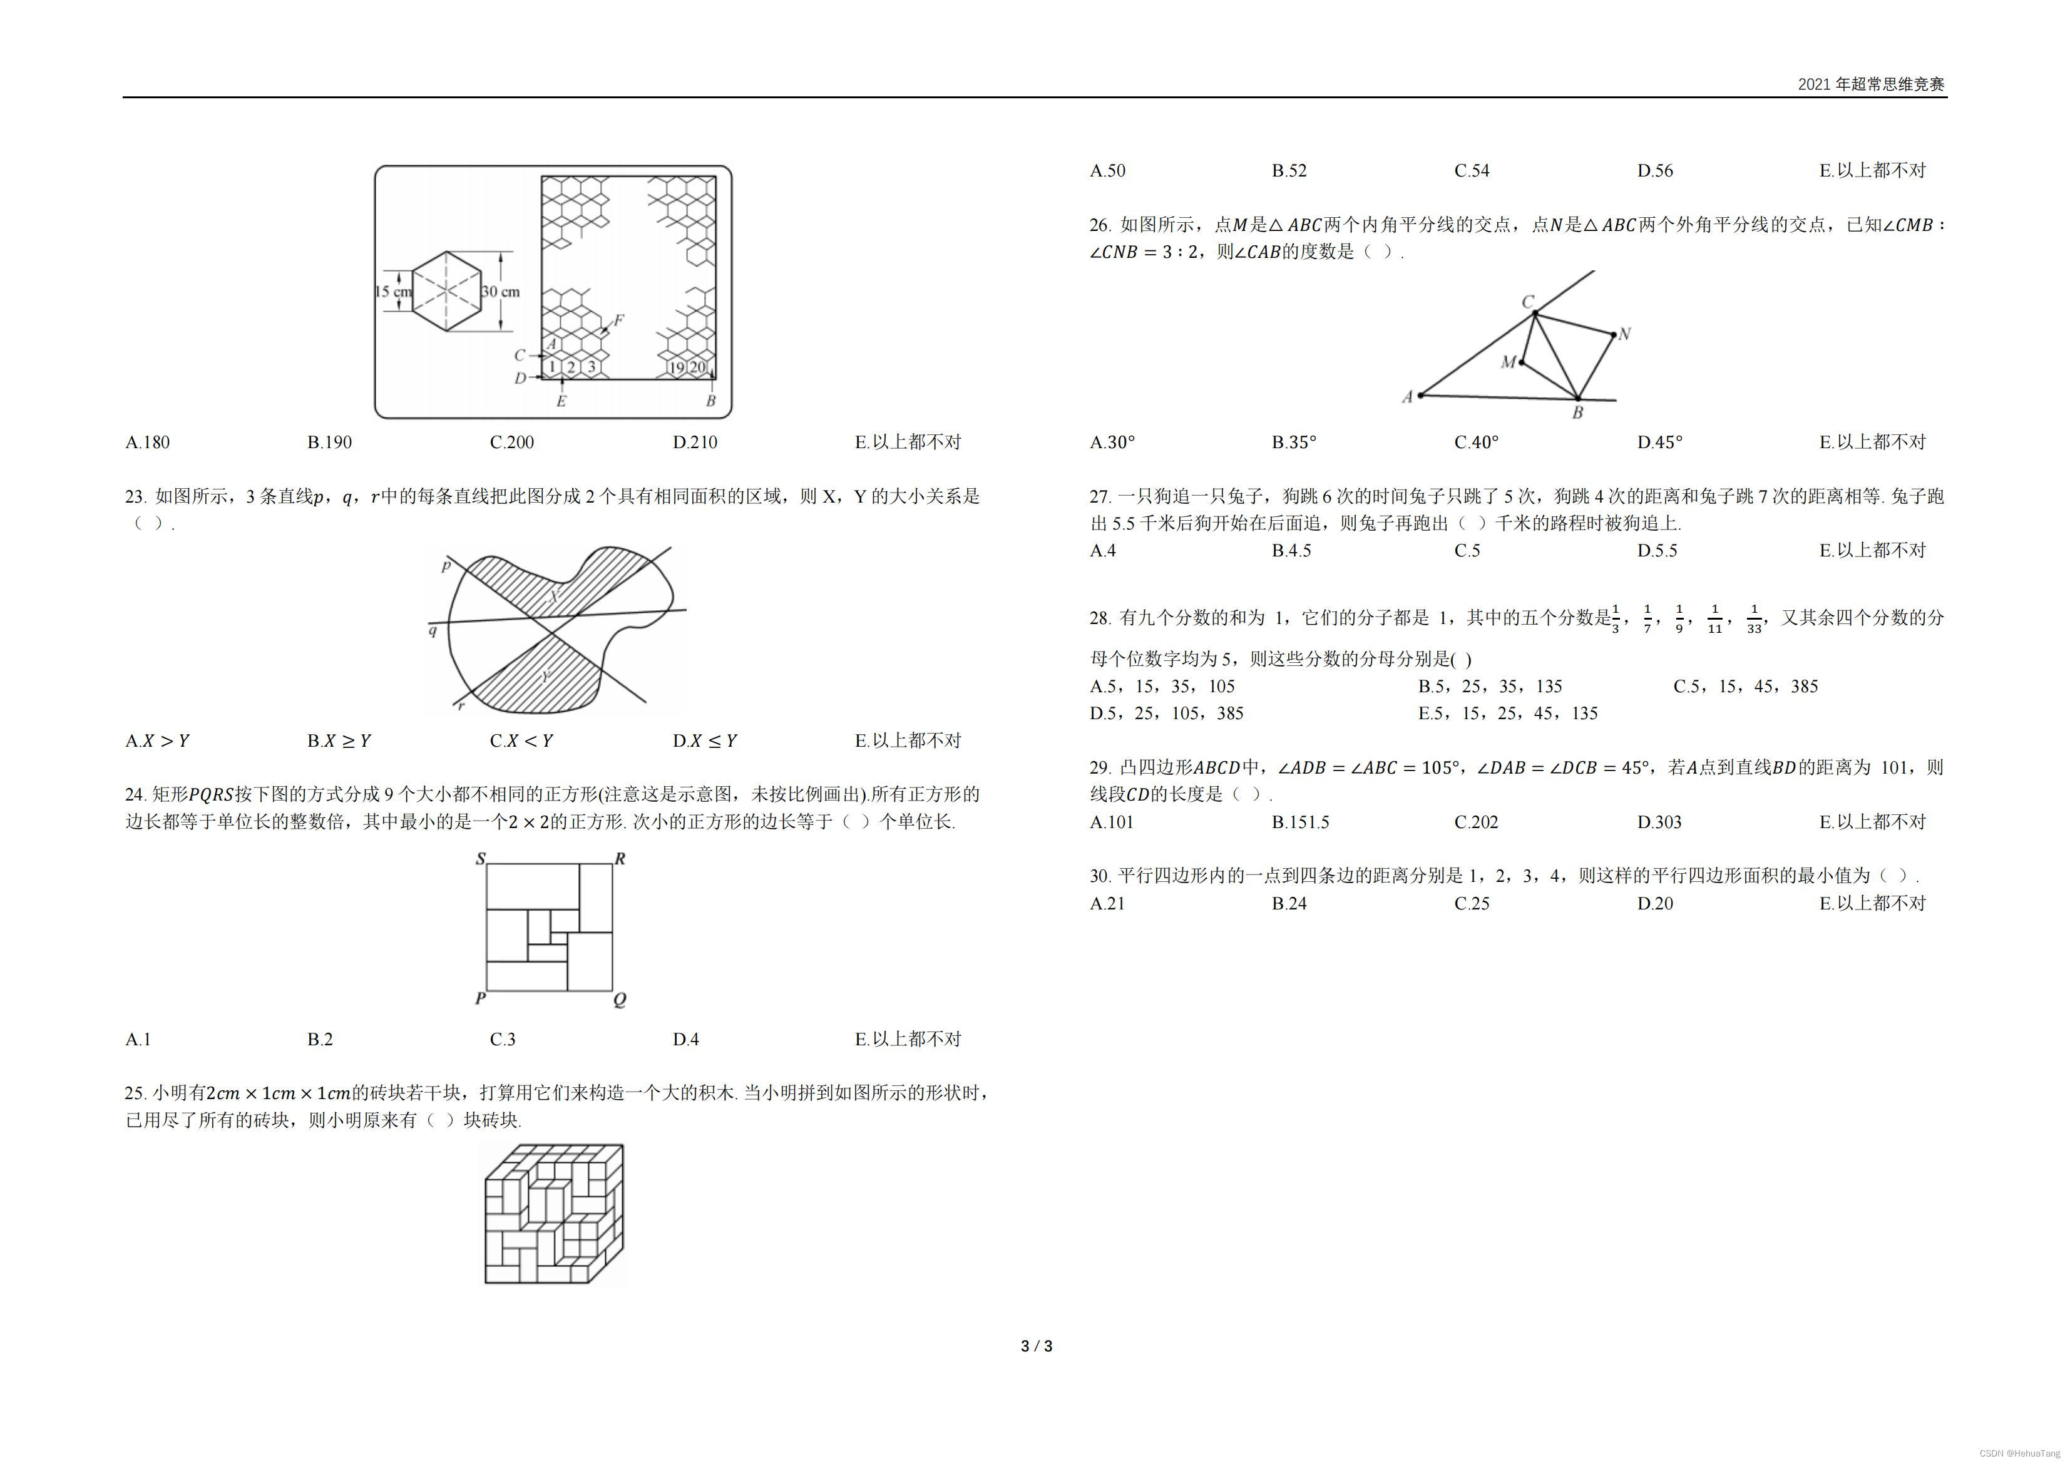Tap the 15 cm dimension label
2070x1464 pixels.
(392, 292)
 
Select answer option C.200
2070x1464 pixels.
(511, 443)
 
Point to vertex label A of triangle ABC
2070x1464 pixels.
(1407, 397)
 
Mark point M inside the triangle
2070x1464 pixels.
(1522, 362)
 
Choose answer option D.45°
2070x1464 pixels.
(1660, 443)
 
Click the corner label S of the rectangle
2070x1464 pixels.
(481, 858)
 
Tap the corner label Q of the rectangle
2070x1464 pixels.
(620, 1000)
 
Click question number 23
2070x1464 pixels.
(135, 497)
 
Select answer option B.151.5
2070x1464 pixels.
(1300, 822)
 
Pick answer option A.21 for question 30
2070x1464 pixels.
(1107, 903)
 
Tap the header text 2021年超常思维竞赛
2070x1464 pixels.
(1871, 84)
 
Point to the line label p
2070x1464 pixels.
(446, 566)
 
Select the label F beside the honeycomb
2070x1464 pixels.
(618, 320)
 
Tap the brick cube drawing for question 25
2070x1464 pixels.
(553, 1214)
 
